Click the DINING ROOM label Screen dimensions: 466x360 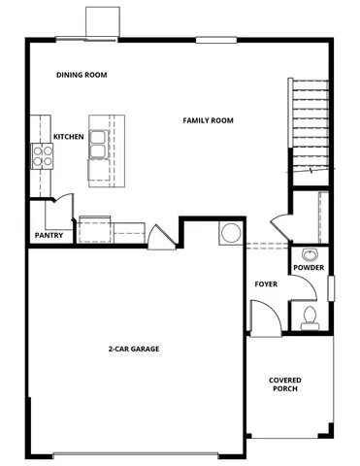(x=82, y=75)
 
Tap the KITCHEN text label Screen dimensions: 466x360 (x=68, y=137)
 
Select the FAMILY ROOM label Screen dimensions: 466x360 (x=210, y=120)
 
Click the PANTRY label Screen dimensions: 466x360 (x=49, y=235)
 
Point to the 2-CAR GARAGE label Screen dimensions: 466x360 (x=134, y=348)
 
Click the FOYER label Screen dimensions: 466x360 (x=266, y=284)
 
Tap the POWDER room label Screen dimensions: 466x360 (x=309, y=268)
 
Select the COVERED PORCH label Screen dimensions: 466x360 (x=284, y=383)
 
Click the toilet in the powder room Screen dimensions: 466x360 (x=310, y=315)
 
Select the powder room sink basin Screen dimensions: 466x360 (x=310, y=253)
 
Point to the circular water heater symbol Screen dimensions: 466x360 (x=231, y=234)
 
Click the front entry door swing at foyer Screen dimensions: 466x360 (x=262, y=316)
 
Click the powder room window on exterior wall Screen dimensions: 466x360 (x=330, y=287)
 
